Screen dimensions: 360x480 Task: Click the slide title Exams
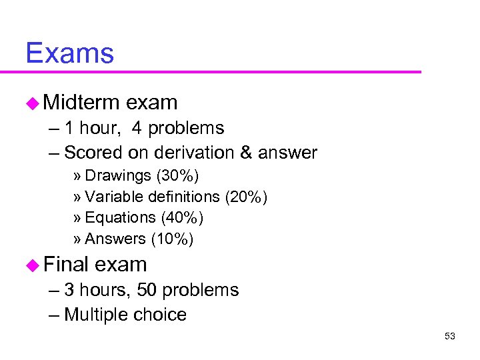(69, 53)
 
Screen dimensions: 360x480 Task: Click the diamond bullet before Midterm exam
(33, 103)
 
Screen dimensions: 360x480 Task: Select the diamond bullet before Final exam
(33, 265)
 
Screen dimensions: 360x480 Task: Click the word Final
(66, 264)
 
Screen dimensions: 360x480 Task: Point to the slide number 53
(449, 336)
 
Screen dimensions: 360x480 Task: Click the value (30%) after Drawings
(177, 175)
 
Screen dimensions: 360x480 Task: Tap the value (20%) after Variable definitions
(246, 197)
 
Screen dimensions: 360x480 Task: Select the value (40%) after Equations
(182, 217)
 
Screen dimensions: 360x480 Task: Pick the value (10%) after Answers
(172, 239)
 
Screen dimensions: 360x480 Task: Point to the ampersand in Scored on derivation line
(245, 153)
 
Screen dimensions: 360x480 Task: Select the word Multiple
(96, 315)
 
